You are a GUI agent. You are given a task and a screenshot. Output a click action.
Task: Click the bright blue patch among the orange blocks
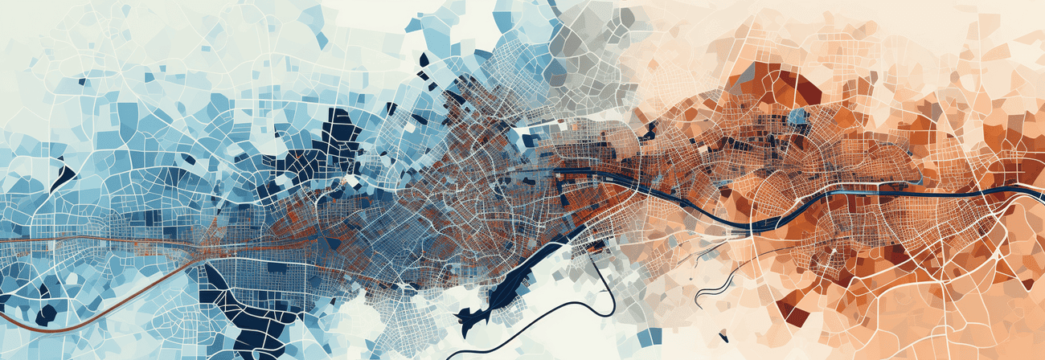(797, 117)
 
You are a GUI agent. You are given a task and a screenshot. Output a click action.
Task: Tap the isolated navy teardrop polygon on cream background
(424, 59)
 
